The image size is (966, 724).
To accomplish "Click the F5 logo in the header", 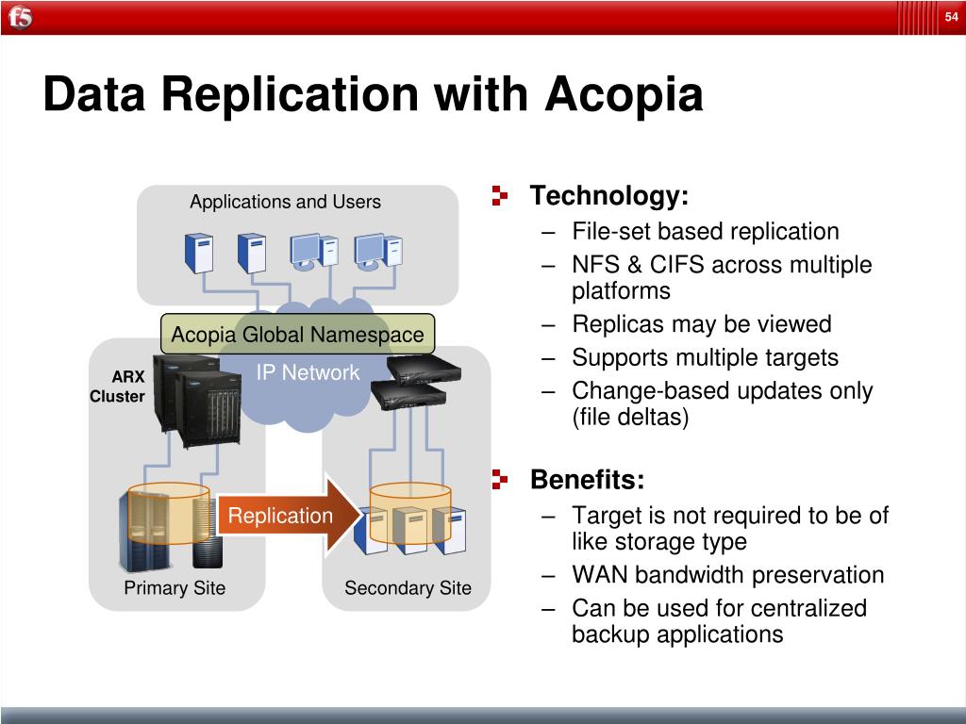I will pyautogui.click(x=21, y=18).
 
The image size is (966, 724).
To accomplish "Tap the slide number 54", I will pyautogui.click(x=951, y=17).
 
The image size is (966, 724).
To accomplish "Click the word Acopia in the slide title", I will pyautogui.click(x=625, y=95).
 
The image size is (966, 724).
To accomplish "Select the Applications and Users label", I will pyautogui.click(x=285, y=202).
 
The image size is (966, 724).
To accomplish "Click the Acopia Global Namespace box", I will pyautogui.click(x=297, y=335).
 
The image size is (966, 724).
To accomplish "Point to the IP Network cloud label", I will pyautogui.click(x=308, y=372).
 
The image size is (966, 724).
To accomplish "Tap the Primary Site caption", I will pyautogui.click(x=175, y=588).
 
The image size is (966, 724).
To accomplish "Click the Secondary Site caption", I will pyautogui.click(x=408, y=588).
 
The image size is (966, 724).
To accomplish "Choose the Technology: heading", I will pyautogui.click(x=609, y=196).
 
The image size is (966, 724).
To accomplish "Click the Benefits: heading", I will pyautogui.click(x=588, y=480).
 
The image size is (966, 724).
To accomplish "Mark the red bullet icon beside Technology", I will pyautogui.click(x=499, y=196).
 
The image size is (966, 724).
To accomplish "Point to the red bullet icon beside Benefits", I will pyautogui.click(x=499, y=480).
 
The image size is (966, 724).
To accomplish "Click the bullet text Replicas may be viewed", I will pyautogui.click(x=701, y=324).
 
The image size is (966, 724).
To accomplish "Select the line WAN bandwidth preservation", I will pyautogui.click(x=727, y=575).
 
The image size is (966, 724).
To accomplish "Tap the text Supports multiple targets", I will pyautogui.click(x=705, y=357).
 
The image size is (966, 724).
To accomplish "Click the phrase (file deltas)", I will pyautogui.click(x=630, y=417).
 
